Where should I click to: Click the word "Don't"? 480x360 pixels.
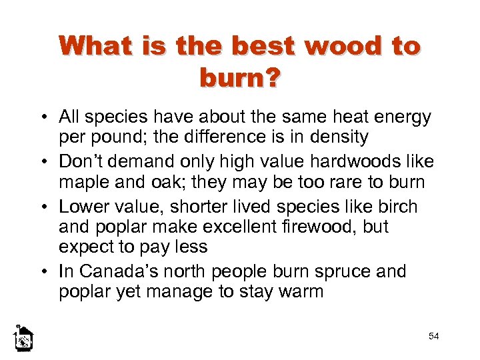(81, 162)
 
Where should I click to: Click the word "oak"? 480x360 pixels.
(155, 181)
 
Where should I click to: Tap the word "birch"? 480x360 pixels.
(397, 206)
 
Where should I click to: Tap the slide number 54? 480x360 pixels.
(434, 336)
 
